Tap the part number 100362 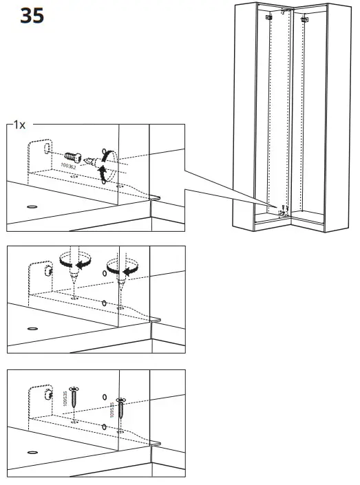coord(69,166)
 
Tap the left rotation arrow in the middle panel coord(76,261)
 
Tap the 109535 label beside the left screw coord(65,401)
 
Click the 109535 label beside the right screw coord(113,410)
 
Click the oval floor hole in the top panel coord(32,206)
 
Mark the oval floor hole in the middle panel coord(32,330)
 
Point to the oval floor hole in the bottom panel coord(32,453)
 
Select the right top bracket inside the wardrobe coord(304,19)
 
